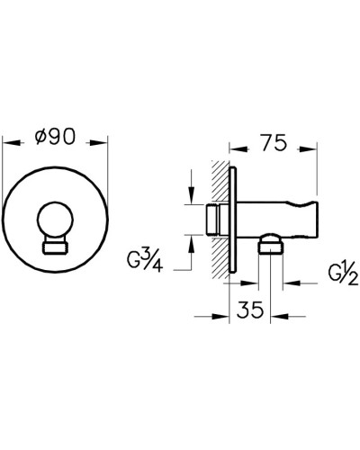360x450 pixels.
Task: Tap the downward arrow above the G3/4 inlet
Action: click(x=192, y=200)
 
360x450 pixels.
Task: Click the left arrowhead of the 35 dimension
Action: click(x=220, y=315)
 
